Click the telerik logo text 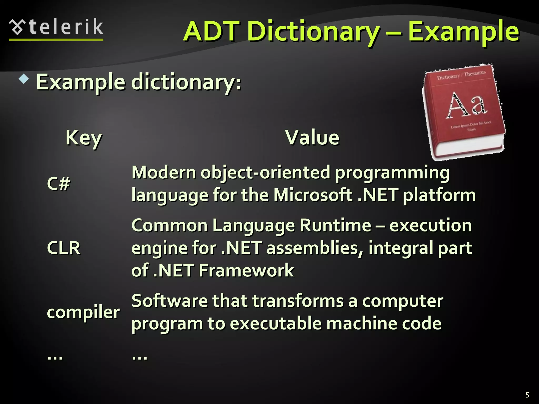point(66,27)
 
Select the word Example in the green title point(463,32)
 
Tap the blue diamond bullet point(24,79)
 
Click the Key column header point(84,138)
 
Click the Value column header point(312,137)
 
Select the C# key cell point(58,183)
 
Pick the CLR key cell point(63,248)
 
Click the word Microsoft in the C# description point(313,195)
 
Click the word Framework point(246,270)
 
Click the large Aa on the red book point(466,105)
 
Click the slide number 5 point(527,395)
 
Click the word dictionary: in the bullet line point(186,82)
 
